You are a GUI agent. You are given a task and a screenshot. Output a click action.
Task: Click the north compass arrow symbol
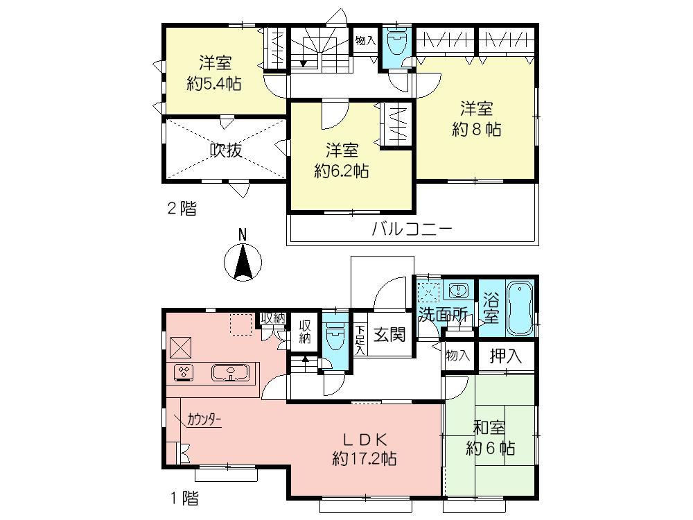[243, 263]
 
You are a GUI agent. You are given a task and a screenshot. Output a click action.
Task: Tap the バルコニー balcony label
[412, 228]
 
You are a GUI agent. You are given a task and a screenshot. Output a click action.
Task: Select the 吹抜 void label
[226, 150]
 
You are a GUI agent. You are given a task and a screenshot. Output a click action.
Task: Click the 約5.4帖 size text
[213, 85]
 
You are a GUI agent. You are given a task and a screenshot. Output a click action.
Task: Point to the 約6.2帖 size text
[341, 171]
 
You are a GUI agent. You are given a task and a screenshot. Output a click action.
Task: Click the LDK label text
[364, 439]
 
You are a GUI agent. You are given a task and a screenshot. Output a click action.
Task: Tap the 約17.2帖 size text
[364, 458]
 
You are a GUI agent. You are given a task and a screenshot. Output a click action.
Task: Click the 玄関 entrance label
[389, 336]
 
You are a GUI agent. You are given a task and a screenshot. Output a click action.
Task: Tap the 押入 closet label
[506, 356]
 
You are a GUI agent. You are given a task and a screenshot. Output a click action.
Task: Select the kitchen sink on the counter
[229, 374]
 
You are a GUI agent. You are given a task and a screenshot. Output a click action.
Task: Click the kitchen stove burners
[184, 373]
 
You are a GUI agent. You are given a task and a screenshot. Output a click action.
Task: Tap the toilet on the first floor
[335, 338]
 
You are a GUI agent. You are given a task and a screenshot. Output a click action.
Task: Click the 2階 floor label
[180, 208]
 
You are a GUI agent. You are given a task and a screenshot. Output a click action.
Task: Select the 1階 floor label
[183, 497]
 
